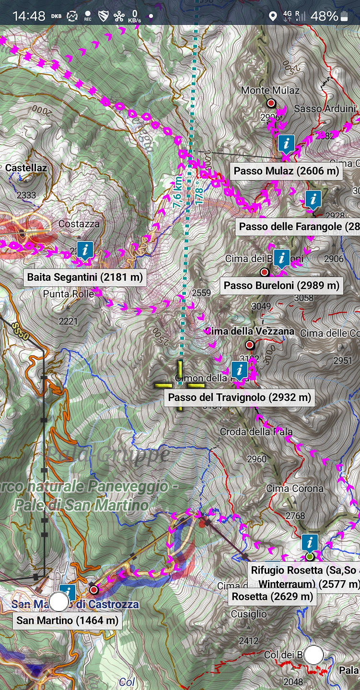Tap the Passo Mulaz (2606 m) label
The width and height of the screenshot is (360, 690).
pos(286,171)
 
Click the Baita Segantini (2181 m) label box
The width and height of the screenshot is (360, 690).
pos(85,277)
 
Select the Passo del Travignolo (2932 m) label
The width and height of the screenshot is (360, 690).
pos(239,397)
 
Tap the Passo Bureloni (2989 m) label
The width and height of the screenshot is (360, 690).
pos(281,286)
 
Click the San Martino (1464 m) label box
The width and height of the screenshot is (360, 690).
pos(67,621)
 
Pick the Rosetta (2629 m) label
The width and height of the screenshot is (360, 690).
pos(272,597)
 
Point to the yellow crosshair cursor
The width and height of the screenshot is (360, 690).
pos(180,385)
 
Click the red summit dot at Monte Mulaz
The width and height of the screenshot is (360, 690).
pos(271,103)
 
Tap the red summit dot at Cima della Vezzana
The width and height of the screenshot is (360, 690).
pos(250,345)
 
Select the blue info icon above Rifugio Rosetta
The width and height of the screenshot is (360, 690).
pos(310,543)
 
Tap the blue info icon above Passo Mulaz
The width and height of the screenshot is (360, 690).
pos(286,143)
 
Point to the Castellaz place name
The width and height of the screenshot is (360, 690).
pos(26,168)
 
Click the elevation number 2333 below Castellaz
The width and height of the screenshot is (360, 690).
pos(26,195)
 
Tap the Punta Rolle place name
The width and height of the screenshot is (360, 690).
pos(68,294)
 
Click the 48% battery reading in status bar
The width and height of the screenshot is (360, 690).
pos(325,16)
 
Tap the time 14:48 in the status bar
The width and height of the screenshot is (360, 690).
pos(29,16)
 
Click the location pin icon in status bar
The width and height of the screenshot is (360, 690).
pos(273,17)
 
